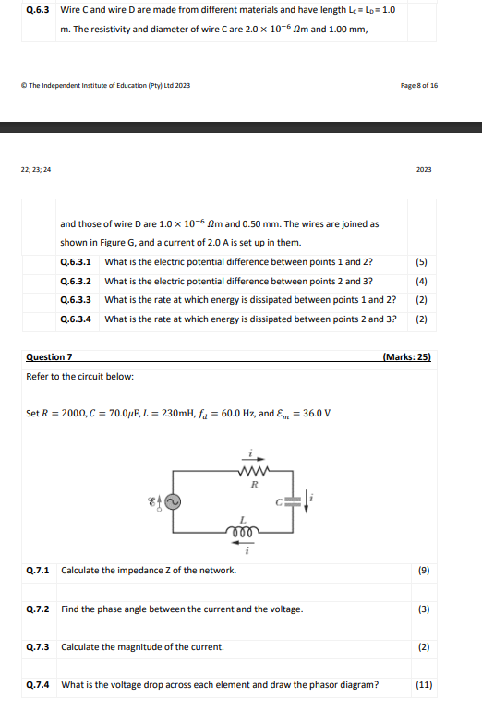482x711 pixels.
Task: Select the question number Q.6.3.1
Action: point(76,261)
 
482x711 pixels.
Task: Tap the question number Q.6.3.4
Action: point(76,319)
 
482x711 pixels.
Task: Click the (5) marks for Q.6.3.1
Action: point(421,261)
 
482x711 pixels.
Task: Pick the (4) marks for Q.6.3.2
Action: point(421,281)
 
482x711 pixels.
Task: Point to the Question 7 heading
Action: point(50,356)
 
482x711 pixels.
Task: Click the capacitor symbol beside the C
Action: point(292,500)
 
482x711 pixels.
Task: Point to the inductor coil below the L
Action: point(243,534)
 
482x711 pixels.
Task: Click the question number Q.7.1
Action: point(38,571)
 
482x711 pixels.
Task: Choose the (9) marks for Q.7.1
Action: point(424,571)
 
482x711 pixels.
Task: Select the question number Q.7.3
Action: point(38,646)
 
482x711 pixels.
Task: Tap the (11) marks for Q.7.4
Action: point(424,685)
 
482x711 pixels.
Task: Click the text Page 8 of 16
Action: point(419,85)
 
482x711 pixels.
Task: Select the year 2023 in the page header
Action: point(424,169)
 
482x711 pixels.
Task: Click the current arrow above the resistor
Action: point(256,457)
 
